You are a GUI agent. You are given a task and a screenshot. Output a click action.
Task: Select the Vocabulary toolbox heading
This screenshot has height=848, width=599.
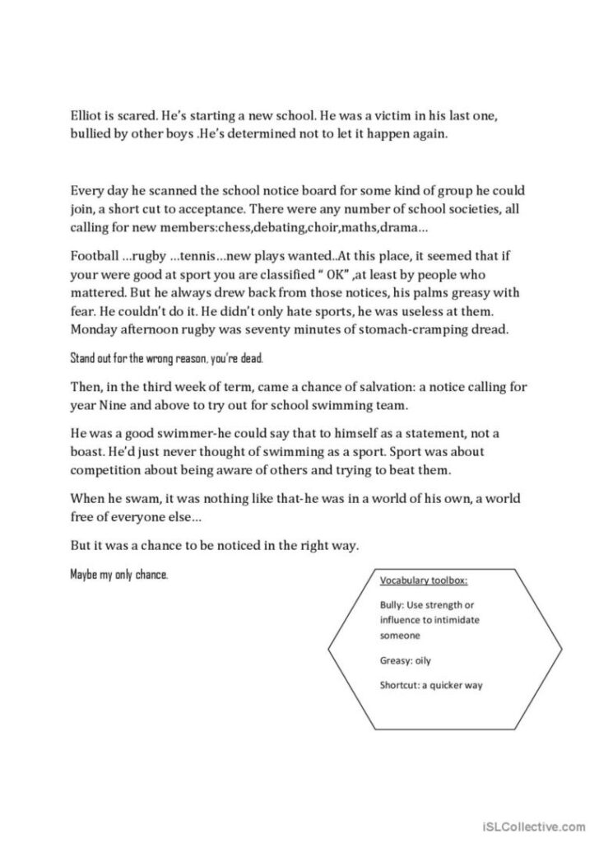[x=423, y=580]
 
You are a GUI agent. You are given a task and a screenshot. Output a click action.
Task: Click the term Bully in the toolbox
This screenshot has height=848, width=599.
[x=392, y=604]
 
